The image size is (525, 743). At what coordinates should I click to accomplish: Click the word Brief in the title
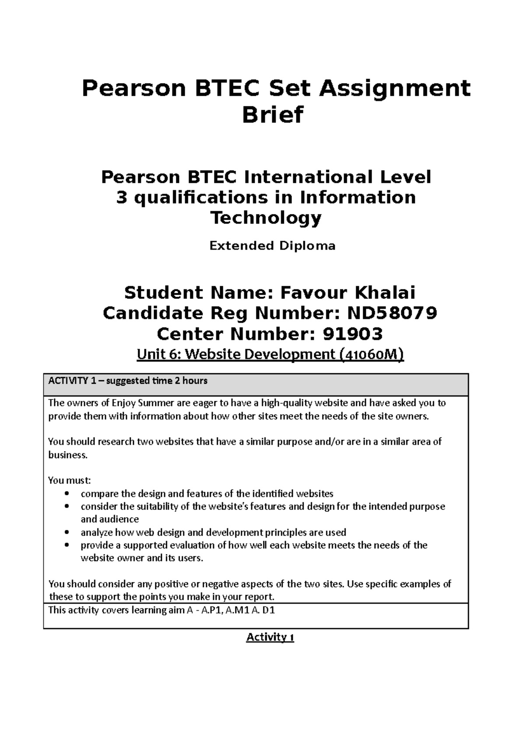pyautogui.click(x=273, y=115)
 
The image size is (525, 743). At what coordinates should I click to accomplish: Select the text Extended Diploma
pyautogui.click(x=272, y=246)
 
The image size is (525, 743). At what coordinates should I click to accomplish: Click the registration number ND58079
pyautogui.click(x=392, y=313)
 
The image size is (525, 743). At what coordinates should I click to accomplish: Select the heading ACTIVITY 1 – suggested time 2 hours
pyautogui.click(x=128, y=381)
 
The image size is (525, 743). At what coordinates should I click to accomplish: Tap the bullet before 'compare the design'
pyautogui.click(x=66, y=494)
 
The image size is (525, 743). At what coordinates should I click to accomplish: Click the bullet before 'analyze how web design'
pyautogui.click(x=66, y=533)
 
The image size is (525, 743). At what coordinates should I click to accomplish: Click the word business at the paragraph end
pyautogui.click(x=67, y=455)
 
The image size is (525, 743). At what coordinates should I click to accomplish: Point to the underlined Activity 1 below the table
pyautogui.click(x=270, y=637)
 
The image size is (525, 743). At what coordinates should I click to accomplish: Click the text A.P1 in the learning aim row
pyautogui.click(x=210, y=610)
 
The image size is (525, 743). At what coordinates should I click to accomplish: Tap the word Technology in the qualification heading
pyautogui.click(x=266, y=217)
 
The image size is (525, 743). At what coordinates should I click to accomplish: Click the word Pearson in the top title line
pyautogui.click(x=132, y=89)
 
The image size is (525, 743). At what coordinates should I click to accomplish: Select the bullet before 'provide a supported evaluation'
pyautogui.click(x=66, y=545)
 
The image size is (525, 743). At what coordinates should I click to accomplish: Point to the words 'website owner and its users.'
pyautogui.click(x=142, y=558)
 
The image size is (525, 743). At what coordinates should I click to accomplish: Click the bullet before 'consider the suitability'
pyautogui.click(x=66, y=507)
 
